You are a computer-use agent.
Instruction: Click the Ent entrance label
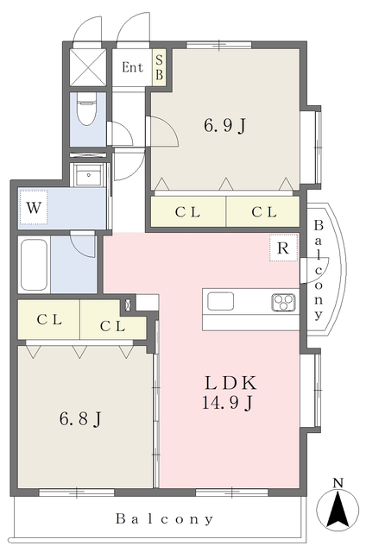132,67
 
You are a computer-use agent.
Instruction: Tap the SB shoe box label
159,67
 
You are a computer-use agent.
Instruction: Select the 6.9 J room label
224,125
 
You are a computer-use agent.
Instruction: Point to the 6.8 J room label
80,419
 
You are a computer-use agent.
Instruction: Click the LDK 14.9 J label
230,393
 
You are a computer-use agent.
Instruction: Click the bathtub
34,265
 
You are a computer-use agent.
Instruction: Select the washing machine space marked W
34,207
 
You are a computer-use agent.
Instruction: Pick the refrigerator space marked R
284,248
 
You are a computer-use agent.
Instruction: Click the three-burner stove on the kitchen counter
283,303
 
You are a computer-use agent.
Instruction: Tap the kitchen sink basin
220,302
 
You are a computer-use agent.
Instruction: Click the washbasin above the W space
88,175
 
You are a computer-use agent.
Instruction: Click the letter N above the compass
338,483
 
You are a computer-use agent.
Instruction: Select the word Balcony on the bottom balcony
165,519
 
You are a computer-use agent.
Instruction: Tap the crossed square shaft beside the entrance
88,67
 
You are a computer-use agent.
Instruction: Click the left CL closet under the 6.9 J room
188,212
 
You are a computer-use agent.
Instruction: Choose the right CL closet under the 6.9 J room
263,212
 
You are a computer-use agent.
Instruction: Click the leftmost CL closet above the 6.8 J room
49,320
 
